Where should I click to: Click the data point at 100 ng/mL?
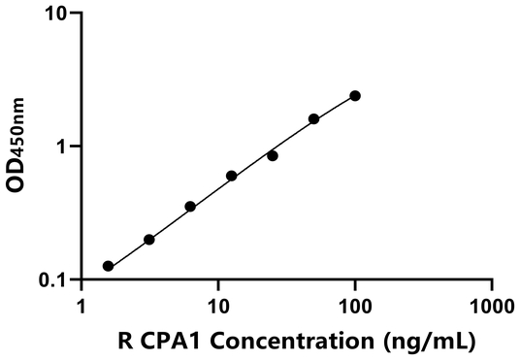point(355,96)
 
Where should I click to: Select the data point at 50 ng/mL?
point(313,119)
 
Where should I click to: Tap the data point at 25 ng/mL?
point(273,155)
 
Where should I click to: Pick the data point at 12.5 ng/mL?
point(231,176)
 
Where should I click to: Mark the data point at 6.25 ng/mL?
point(190,207)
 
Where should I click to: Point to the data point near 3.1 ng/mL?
point(148,240)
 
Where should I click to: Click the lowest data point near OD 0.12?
point(108,266)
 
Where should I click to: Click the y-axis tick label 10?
point(57,15)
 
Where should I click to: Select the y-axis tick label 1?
point(63,147)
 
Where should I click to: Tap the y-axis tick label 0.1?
point(53,280)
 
